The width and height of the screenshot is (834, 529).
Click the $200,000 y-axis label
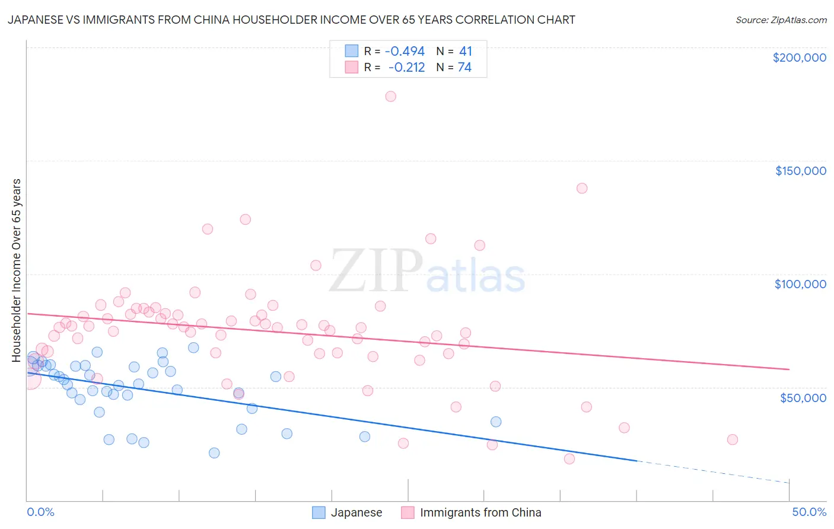point(799,58)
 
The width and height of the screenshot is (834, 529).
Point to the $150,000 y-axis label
point(800,171)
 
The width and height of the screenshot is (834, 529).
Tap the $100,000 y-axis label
point(800,284)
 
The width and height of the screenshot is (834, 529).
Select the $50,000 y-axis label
point(803,397)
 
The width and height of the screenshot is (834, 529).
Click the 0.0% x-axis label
point(40,512)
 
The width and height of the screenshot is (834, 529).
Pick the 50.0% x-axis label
point(809,512)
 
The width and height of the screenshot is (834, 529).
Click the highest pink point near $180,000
point(390,96)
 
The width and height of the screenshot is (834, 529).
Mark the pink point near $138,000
point(582,188)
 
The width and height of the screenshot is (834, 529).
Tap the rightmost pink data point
point(733,439)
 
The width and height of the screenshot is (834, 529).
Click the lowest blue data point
point(214,453)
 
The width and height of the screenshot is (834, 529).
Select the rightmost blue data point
point(496,422)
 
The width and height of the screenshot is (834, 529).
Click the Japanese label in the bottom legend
point(356,512)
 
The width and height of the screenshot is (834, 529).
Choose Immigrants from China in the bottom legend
point(480,512)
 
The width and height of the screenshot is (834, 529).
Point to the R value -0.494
point(405,52)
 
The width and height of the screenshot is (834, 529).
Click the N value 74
point(464,68)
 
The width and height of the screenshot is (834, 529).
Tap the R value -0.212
point(406,68)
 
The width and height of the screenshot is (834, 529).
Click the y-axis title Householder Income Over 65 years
point(17,270)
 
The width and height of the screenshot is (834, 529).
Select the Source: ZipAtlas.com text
point(781,20)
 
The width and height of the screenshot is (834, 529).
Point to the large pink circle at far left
point(31,378)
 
